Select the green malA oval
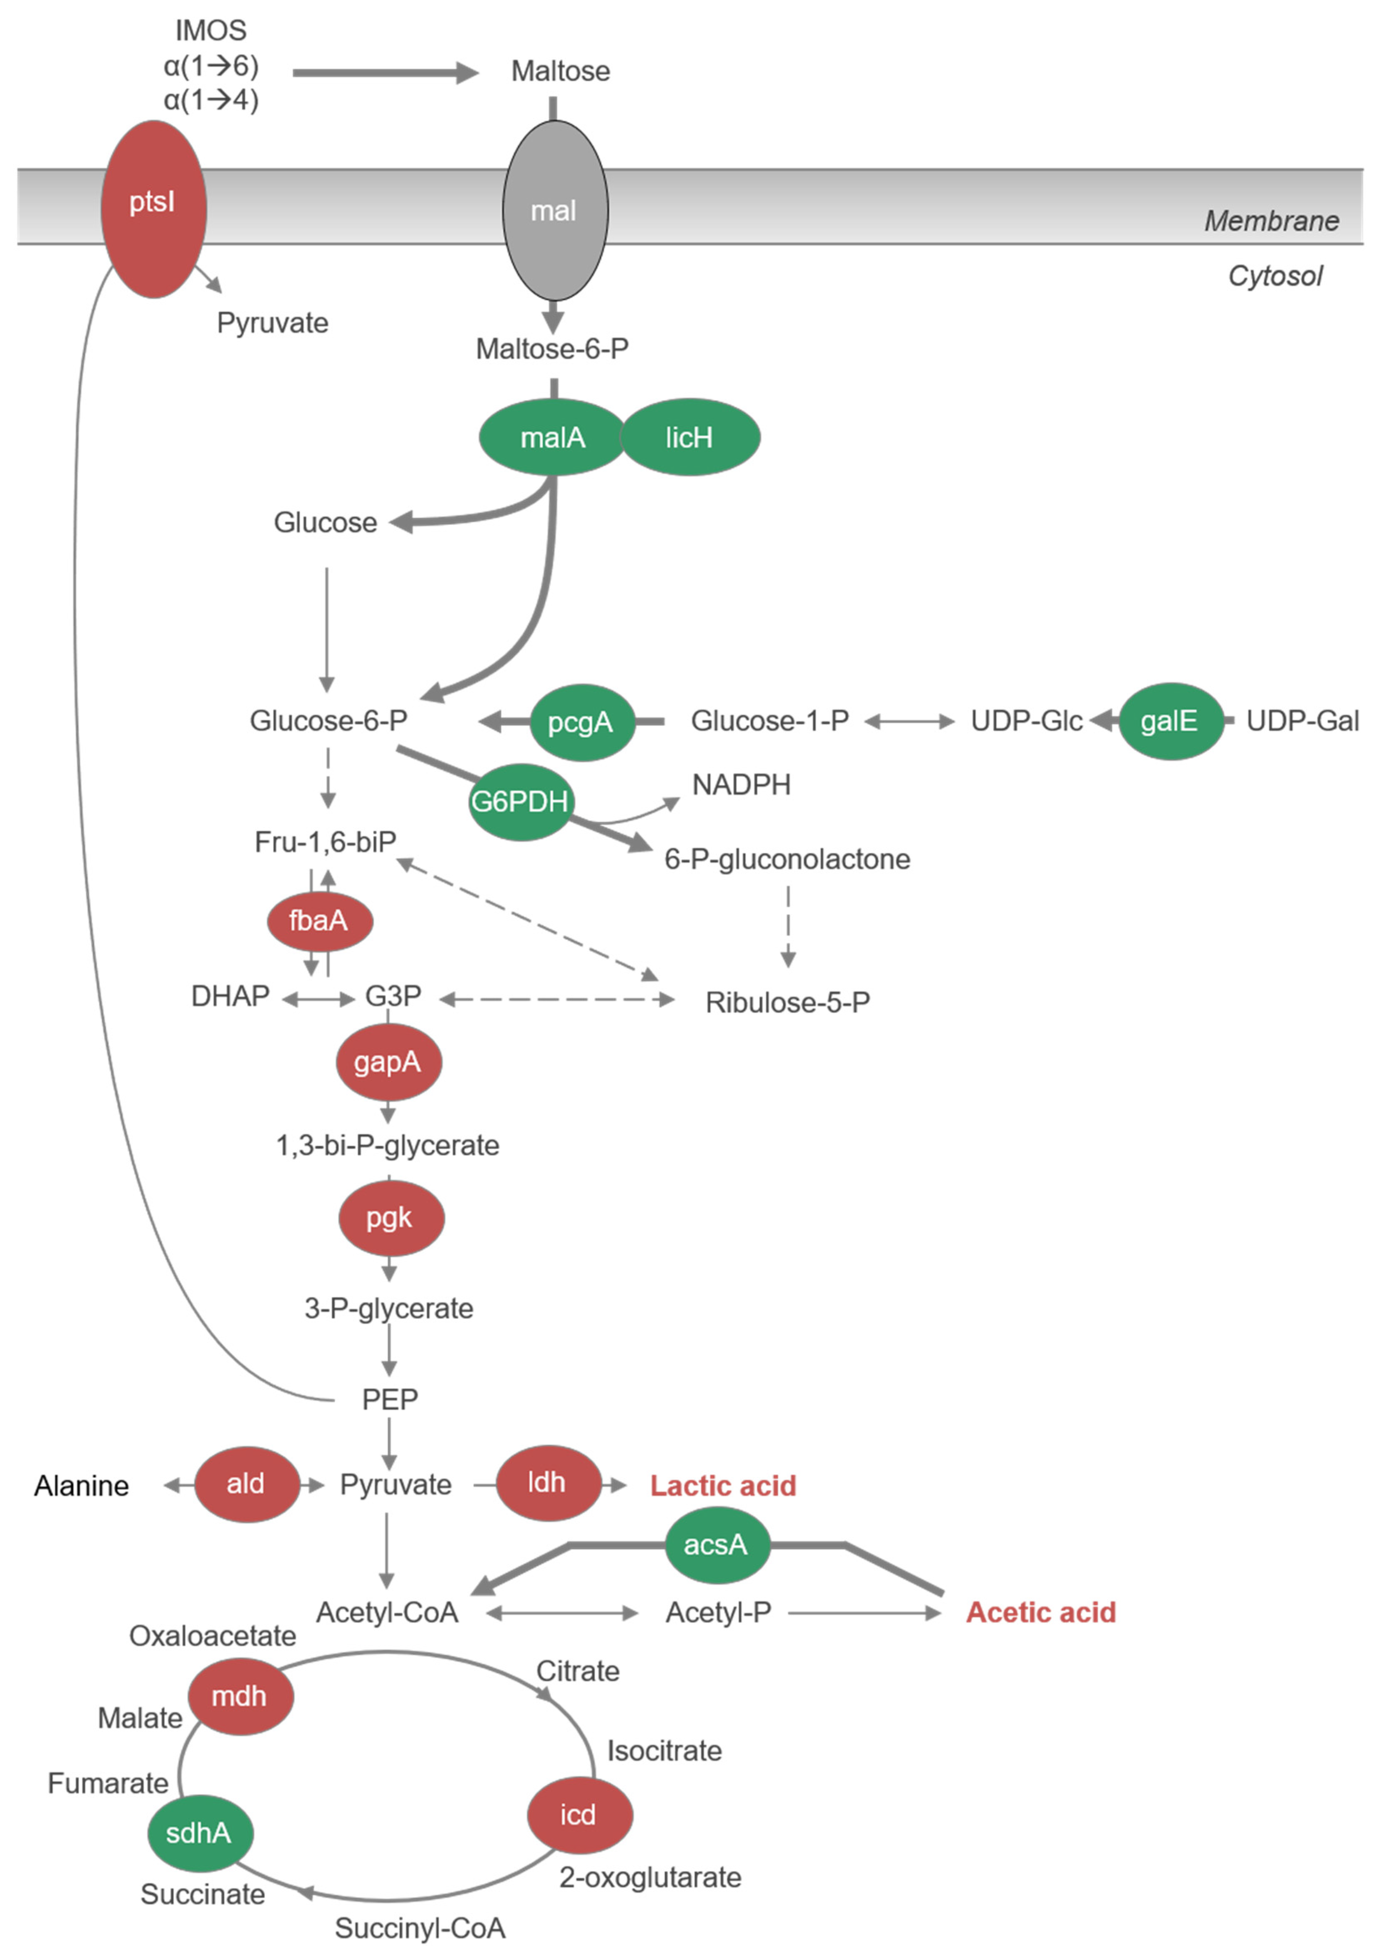(x=553, y=437)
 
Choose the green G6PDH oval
(x=520, y=802)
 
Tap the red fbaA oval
(x=320, y=921)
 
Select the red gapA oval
(x=388, y=1062)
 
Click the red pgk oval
(x=391, y=1218)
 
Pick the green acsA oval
(x=716, y=1544)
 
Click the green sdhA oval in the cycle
(x=200, y=1833)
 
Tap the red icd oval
(x=579, y=1815)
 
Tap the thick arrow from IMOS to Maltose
(x=384, y=73)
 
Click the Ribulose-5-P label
(x=787, y=1002)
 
